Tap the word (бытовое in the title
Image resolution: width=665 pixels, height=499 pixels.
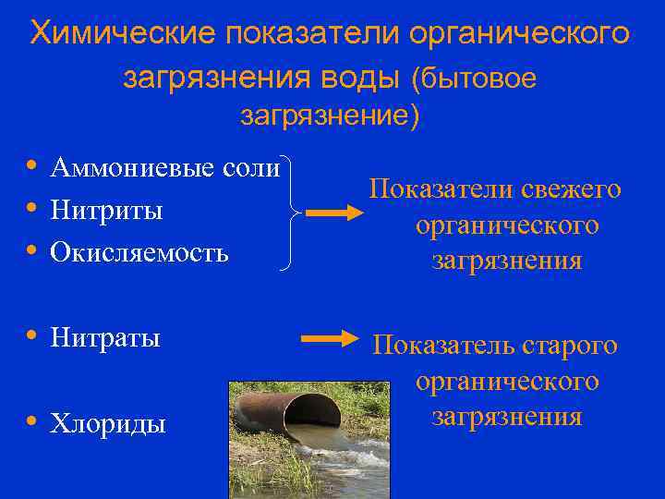click(x=471, y=79)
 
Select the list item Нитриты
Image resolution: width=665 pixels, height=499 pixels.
click(x=107, y=210)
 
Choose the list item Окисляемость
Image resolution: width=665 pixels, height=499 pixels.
click(x=139, y=251)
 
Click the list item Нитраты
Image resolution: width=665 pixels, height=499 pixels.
click(x=105, y=337)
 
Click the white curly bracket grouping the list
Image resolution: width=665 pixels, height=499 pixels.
click(x=292, y=213)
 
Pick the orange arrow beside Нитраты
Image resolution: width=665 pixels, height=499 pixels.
click(x=329, y=338)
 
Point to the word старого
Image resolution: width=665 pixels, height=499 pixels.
click(x=570, y=346)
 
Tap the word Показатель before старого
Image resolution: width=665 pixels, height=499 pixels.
click(x=444, y=346)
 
